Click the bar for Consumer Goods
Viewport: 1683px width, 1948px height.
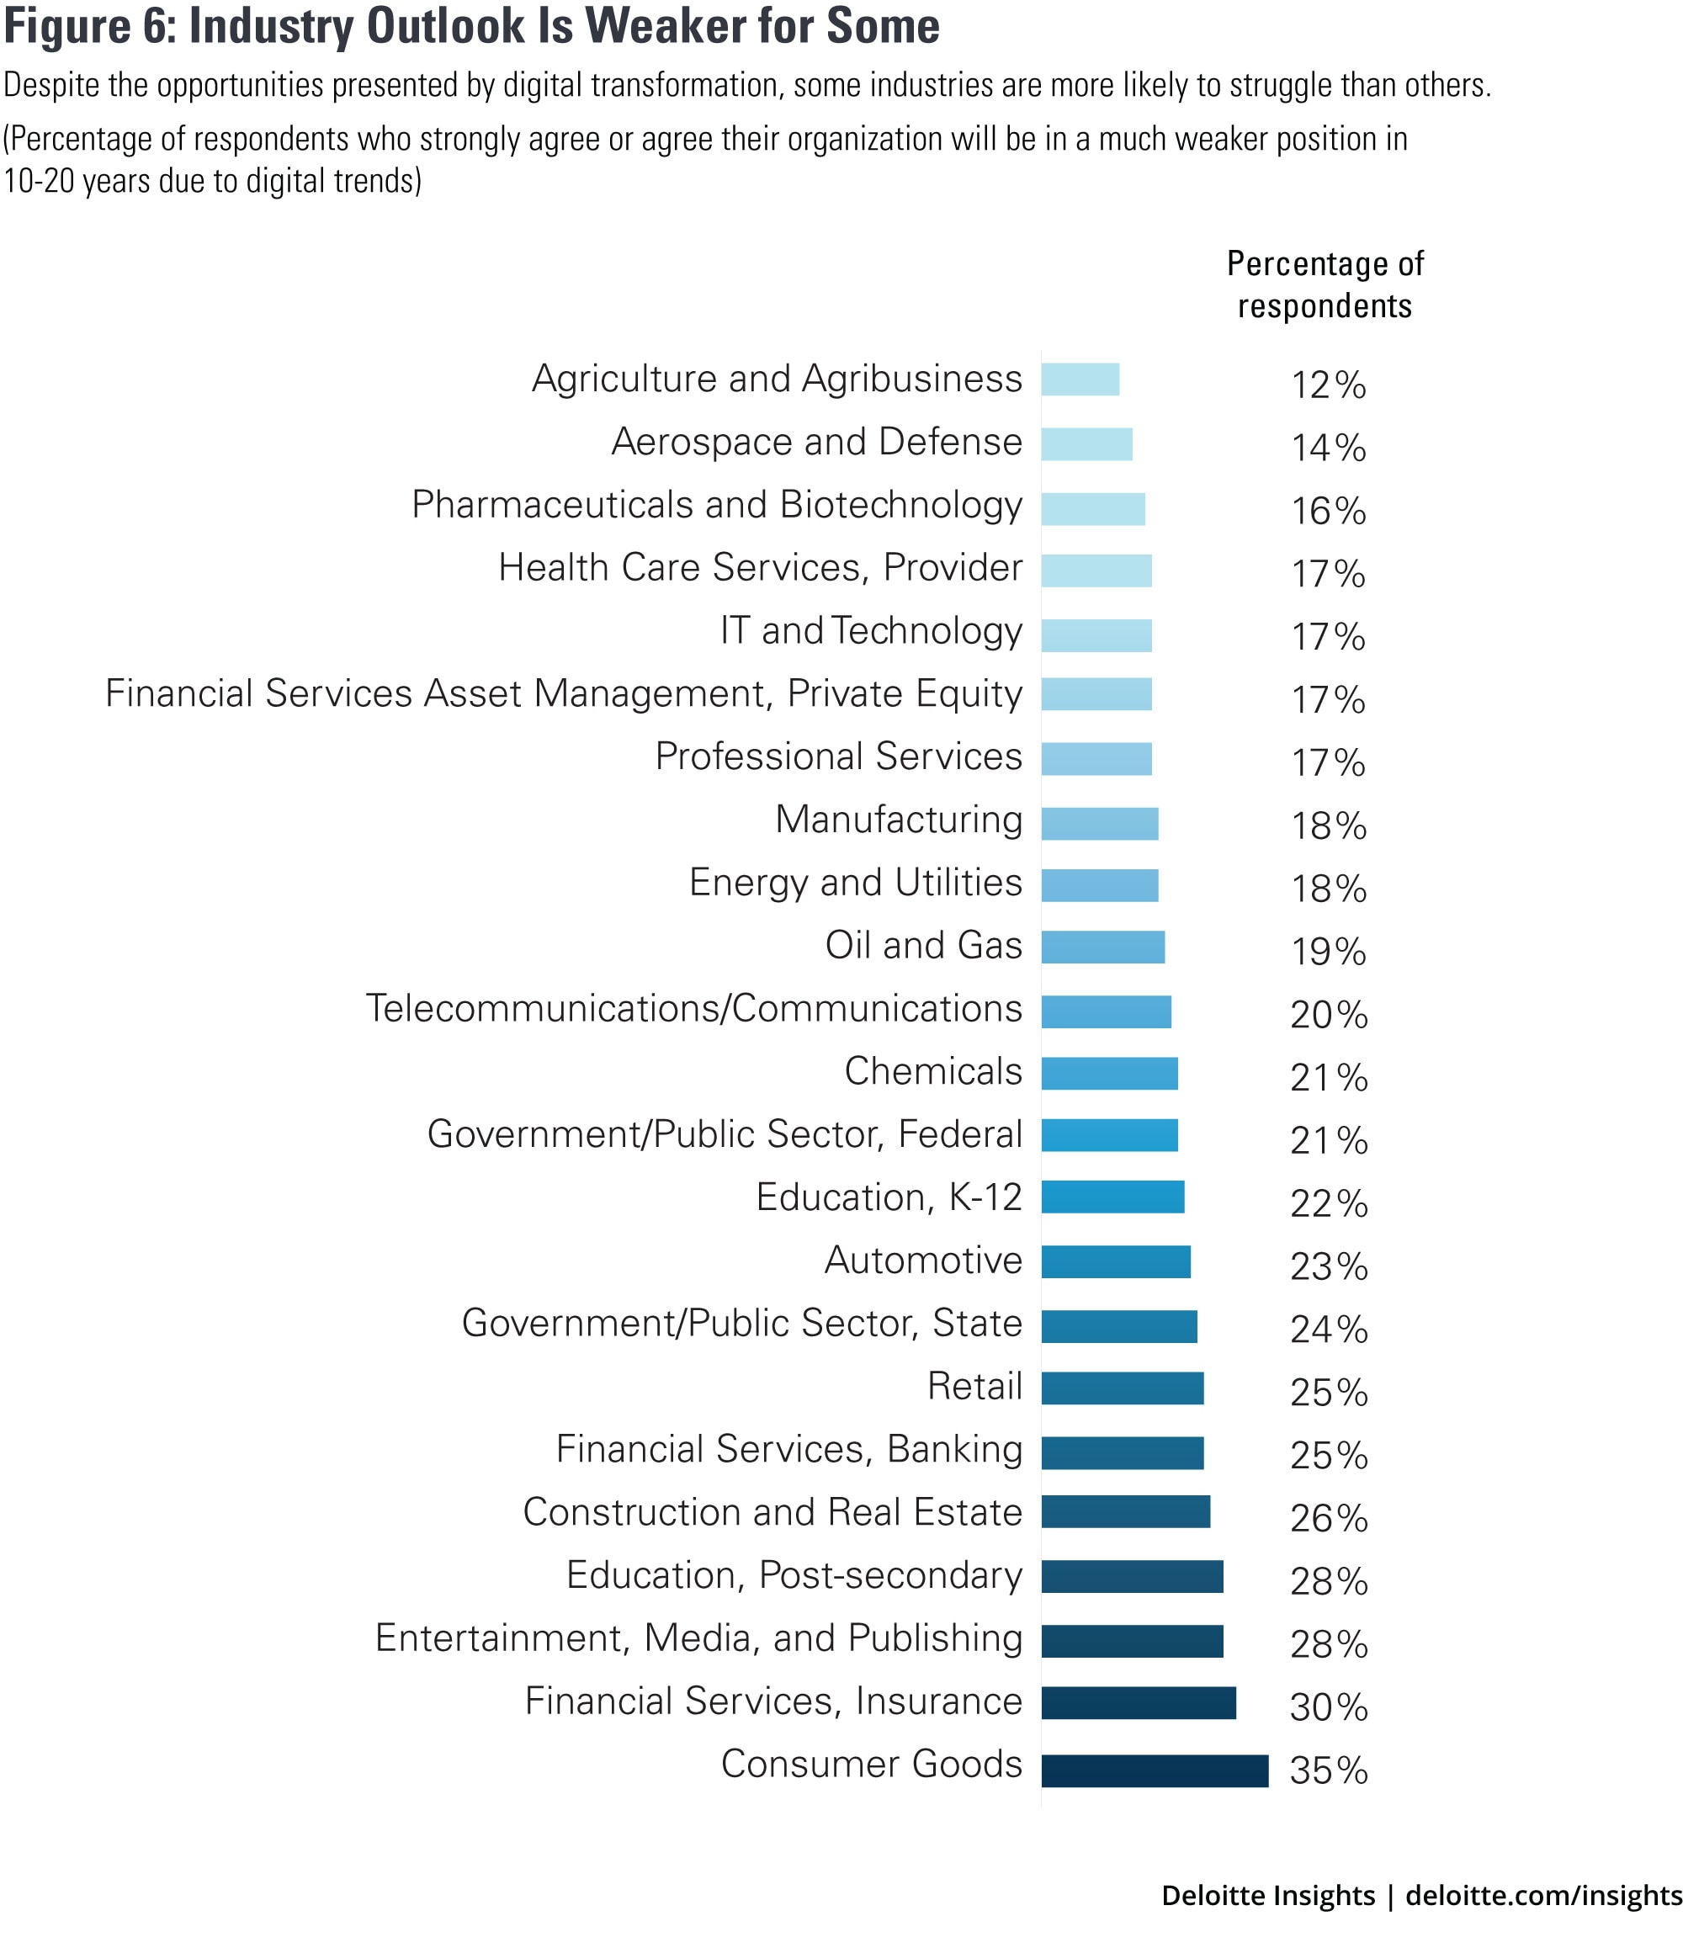pyautogui.click(x=1154, y=1770)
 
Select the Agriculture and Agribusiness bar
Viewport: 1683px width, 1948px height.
pyautogui.click(x=1080, y=380)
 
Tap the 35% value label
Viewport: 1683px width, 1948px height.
pyautogui.click(x=1328, y=1771)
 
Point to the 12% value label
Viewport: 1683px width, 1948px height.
pyautogui.click(x=1328, y=385)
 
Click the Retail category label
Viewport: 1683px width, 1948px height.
pyautogui.click(x=974, y=1387)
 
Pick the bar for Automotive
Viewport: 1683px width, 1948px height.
pyautogui.click(x=1115, y=1261)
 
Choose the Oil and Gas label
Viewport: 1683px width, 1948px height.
pyautogui.click(x=922, y=946)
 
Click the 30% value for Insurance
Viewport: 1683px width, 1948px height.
pyautogui.click(x=1328, y=1707)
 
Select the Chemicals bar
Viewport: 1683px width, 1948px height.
pyautogui.click(x=1108, y=1073)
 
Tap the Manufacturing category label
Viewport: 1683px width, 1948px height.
pyautogui.click(x=898, y=820)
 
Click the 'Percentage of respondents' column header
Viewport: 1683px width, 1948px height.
pyautogui.click(x=1324, y=285)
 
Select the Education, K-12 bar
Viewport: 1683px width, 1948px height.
pyautogui.click(x=1112, y=1197)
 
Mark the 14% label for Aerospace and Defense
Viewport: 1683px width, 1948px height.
pyautogui.click(x=1328, y=449)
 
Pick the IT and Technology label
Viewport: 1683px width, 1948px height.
pyautogui.click(x=871, y=631)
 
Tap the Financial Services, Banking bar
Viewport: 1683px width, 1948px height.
pyautogui.click(x=1122, y=1452)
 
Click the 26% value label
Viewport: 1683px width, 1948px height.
pyautogui.click(x=1328, y=1518)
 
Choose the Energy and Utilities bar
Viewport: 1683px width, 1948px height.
pyautogui.click(x=1099, y=885)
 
